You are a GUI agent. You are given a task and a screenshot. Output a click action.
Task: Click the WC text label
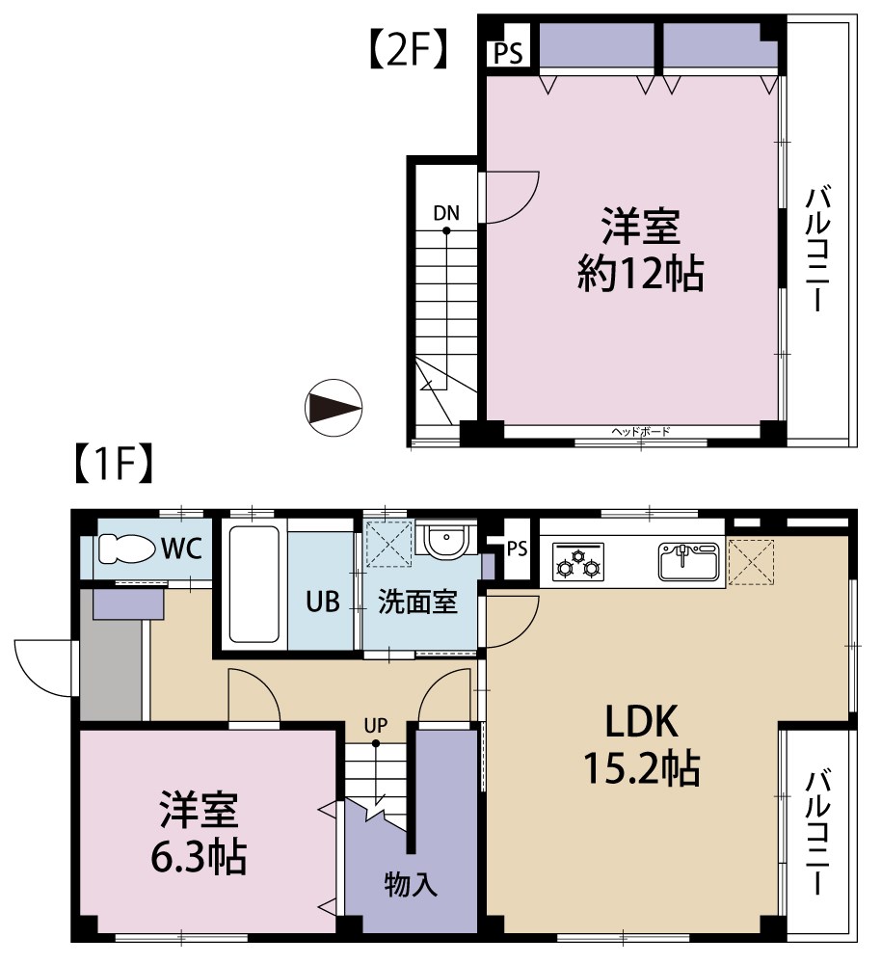point(181,549)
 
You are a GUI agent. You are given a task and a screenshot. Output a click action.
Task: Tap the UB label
point(323,602)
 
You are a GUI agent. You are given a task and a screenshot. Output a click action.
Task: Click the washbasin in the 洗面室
point(444,542)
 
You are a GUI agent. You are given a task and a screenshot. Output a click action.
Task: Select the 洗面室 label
point(416,602)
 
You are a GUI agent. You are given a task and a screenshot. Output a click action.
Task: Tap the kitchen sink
point(688,561)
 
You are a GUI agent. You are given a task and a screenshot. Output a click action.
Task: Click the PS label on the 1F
point(517,549)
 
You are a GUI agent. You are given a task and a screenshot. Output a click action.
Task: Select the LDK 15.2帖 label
point(641,743)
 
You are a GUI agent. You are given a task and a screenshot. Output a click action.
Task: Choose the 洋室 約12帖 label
point(641,253)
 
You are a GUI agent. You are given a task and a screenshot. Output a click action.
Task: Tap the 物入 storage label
point(411,883)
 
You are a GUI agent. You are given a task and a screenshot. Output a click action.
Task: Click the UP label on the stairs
point(376,723)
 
